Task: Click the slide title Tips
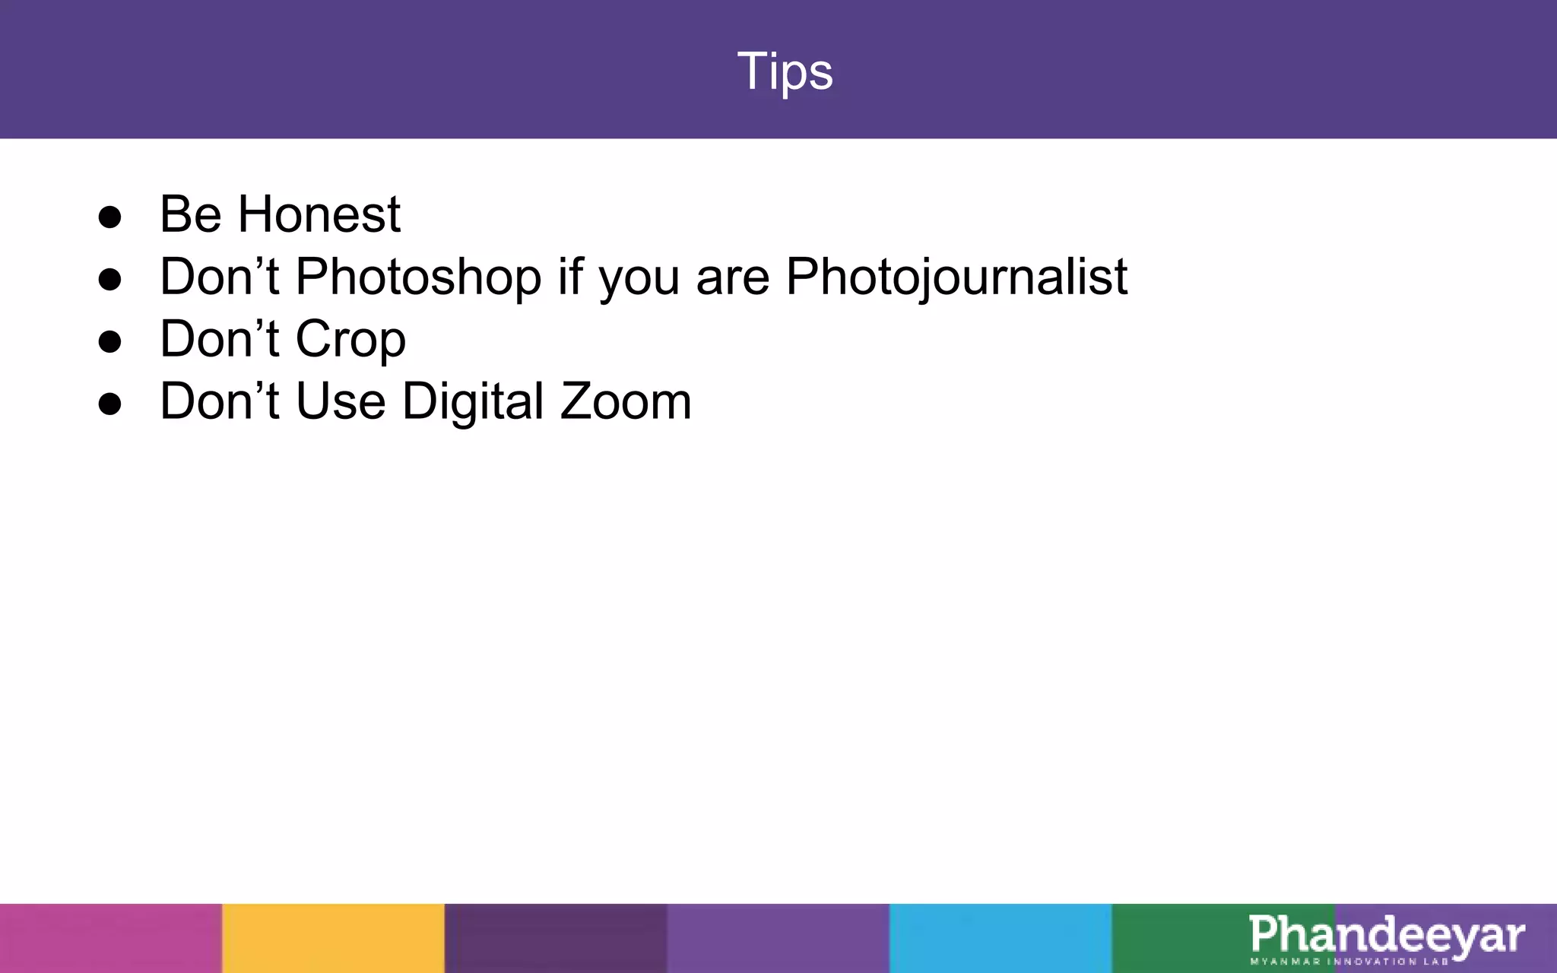point(785,71)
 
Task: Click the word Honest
point(319,214)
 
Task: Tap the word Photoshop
point(417,277)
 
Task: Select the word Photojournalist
point(956,277)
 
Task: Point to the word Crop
point(350,340)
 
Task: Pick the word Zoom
point(625,401)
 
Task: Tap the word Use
point(340,401)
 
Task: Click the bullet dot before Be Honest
point(110,217)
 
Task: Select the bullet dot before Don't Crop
point(110,342)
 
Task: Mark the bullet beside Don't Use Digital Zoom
point(110,404)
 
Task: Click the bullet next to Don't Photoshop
point(110,280)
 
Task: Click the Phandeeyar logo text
point(1386,934)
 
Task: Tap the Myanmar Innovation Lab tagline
point(1349,962)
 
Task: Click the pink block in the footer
point(110,938)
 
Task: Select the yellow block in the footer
point(333,938)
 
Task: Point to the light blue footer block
point(1000,938)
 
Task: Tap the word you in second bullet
point(638,278)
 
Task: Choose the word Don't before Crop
point(219,339)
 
